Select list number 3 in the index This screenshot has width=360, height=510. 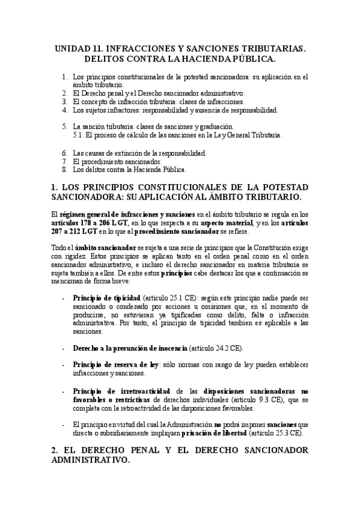click(65, 102)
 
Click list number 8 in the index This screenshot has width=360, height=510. click(65, 170)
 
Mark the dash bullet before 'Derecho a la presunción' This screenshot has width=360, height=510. click(64, 348)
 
